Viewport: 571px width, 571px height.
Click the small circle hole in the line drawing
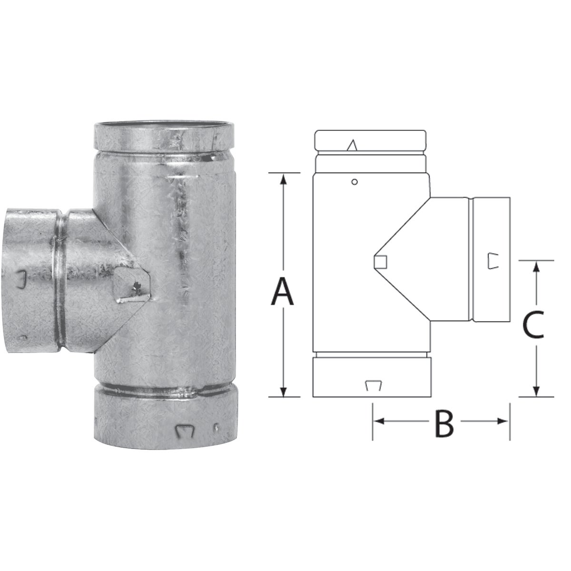coord(354,181)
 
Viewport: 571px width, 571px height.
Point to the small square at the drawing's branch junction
coord(380,261)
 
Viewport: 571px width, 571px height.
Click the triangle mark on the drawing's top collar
coord(352,145)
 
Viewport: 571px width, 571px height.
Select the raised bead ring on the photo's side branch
coord(60,281)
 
